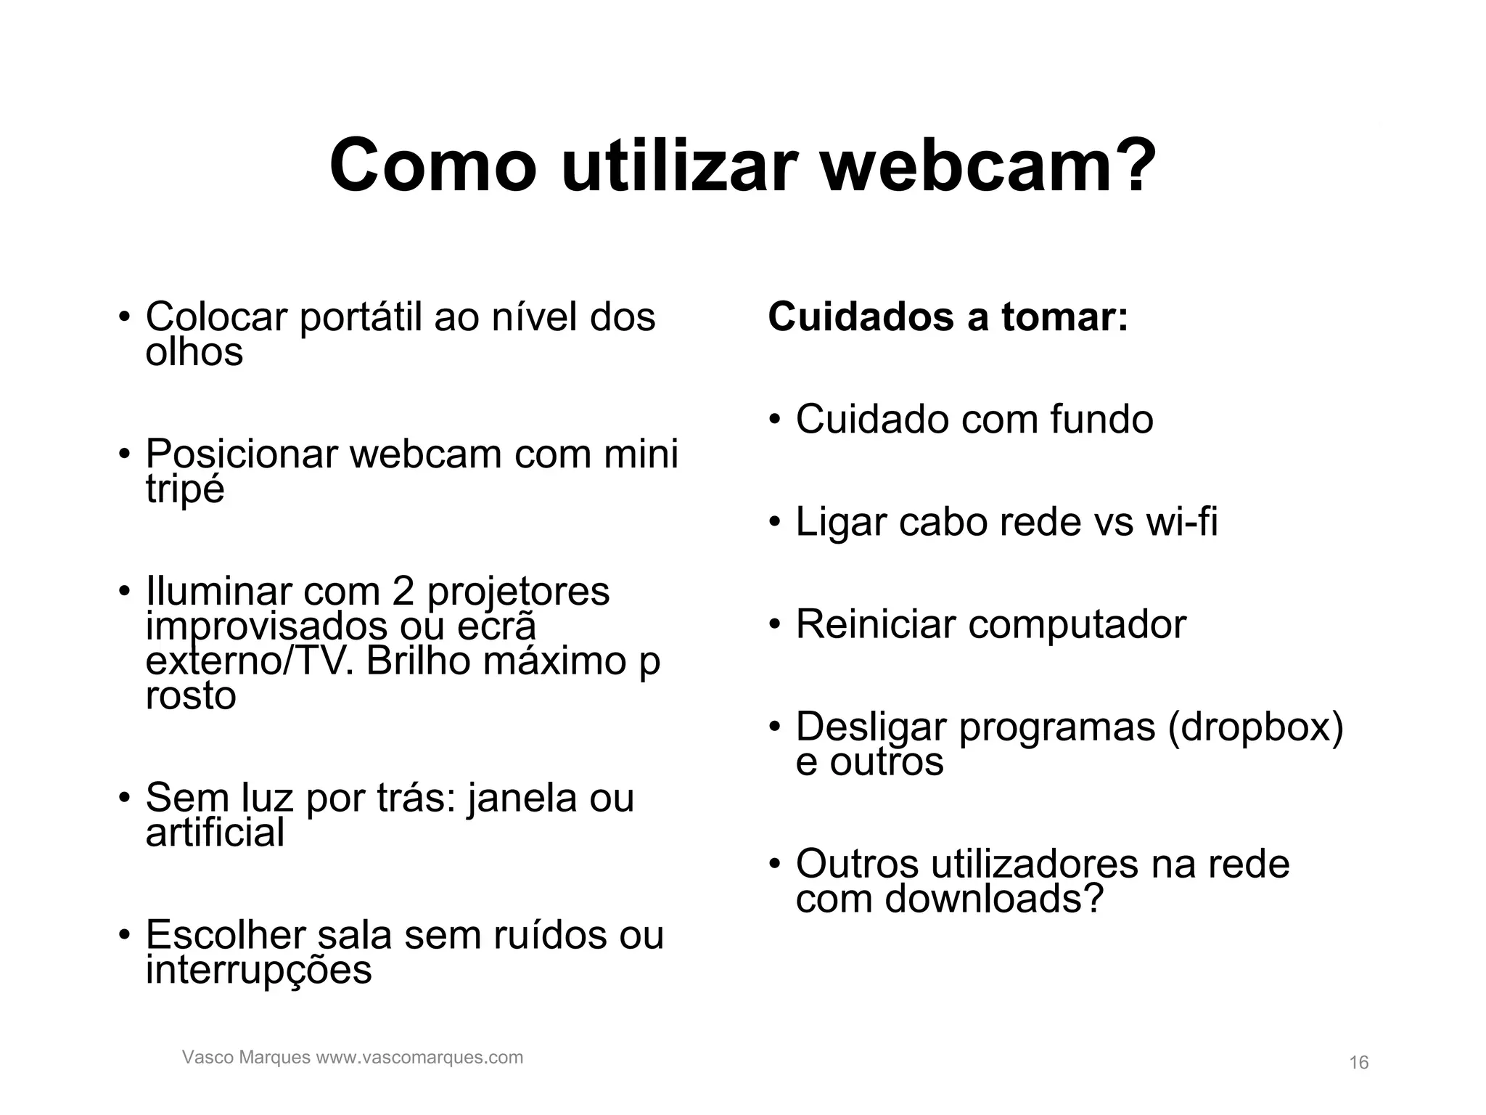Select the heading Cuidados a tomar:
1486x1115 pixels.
(x=948, y=317)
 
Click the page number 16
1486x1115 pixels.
(x=1358, y=1063)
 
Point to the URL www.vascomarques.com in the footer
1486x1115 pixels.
(x=419, y=1057)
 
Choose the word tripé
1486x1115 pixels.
(x=185, y=489)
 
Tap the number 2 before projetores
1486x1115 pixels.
(x=403, y=591)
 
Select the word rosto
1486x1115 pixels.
(x=191, y=695)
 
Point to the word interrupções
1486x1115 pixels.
(x=258, y=971)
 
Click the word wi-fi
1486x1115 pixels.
(x=1181, y=522)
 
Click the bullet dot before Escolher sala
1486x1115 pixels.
(x=125, y=934)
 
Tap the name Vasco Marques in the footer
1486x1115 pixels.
(x=246, y=1057)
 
